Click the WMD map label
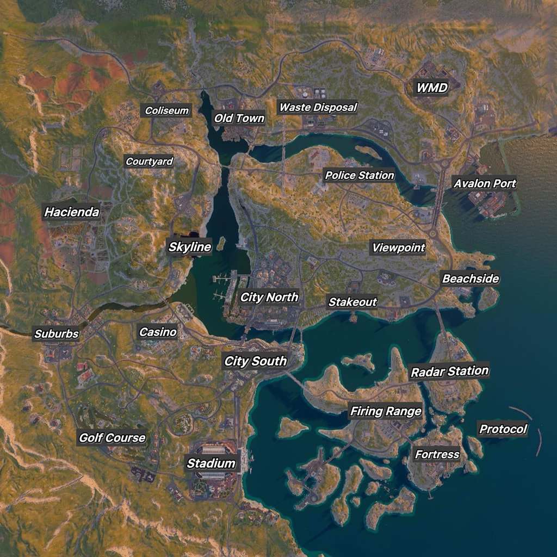[x=432, y=88]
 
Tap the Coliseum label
[x=167, y=111]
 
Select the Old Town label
[x=239, y=118]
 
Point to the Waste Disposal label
[x=318, y=107]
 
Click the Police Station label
[x=360, y=175]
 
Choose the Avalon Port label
[x=485, y=183]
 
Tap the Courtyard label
[x=150, y=161]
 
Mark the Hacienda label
[x=72, y=212]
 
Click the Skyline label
[x=189, y=247]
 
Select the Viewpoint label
[x=398, y=248]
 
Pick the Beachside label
[x=471, y=278]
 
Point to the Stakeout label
[x=352, y=302]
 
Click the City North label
[x=269, y=297]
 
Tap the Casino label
[x=158, y=332]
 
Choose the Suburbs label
[x=57, y=334]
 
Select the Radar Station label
[x=449, y=372]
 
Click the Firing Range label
[x=386, y=411]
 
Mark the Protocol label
[x=503, y=429]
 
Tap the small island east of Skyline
[x=221, y=243]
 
